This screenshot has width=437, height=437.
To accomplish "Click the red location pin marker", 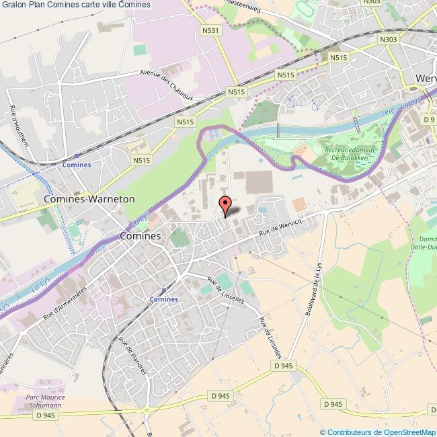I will (x=226, y=204).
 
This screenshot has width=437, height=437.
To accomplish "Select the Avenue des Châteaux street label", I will (x=167, y=85).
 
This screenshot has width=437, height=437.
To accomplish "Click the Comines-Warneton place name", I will (x=89, y=200).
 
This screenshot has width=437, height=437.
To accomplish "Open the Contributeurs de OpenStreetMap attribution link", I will (x=378, y=432).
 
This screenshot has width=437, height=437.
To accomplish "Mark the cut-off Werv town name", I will (x=426, y=78).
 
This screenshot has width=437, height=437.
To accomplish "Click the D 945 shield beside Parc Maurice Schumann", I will (x=45, y=415).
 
